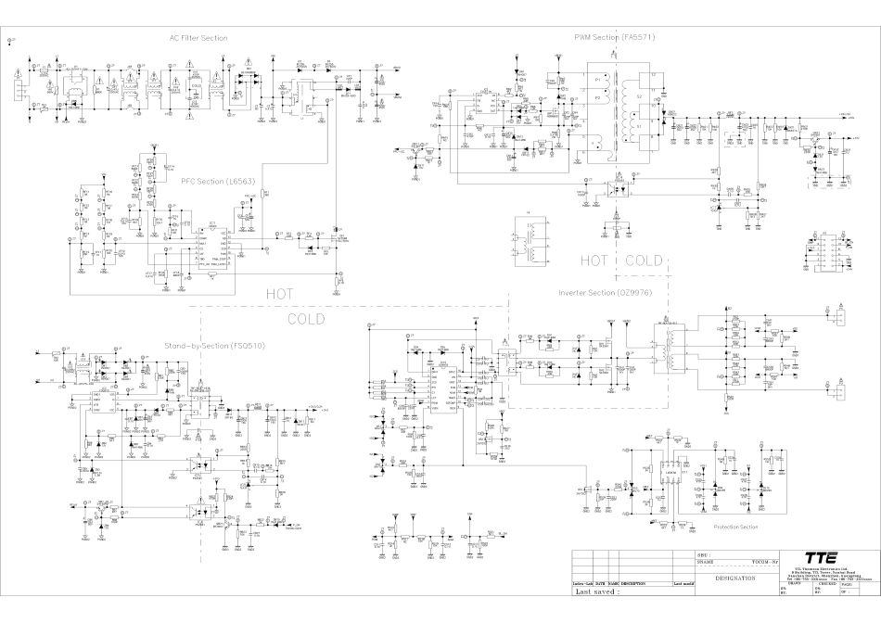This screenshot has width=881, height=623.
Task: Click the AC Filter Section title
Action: pos(198,38)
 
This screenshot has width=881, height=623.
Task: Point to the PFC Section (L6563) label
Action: pos(215,181)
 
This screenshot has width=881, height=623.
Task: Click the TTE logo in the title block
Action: pos(822,558)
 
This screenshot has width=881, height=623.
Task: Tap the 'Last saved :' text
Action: pos(597,591)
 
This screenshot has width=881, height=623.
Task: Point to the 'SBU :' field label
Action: pos(704,554)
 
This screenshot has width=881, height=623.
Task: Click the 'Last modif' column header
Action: pos(683,583)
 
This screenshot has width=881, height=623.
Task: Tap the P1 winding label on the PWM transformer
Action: pos(597,82)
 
